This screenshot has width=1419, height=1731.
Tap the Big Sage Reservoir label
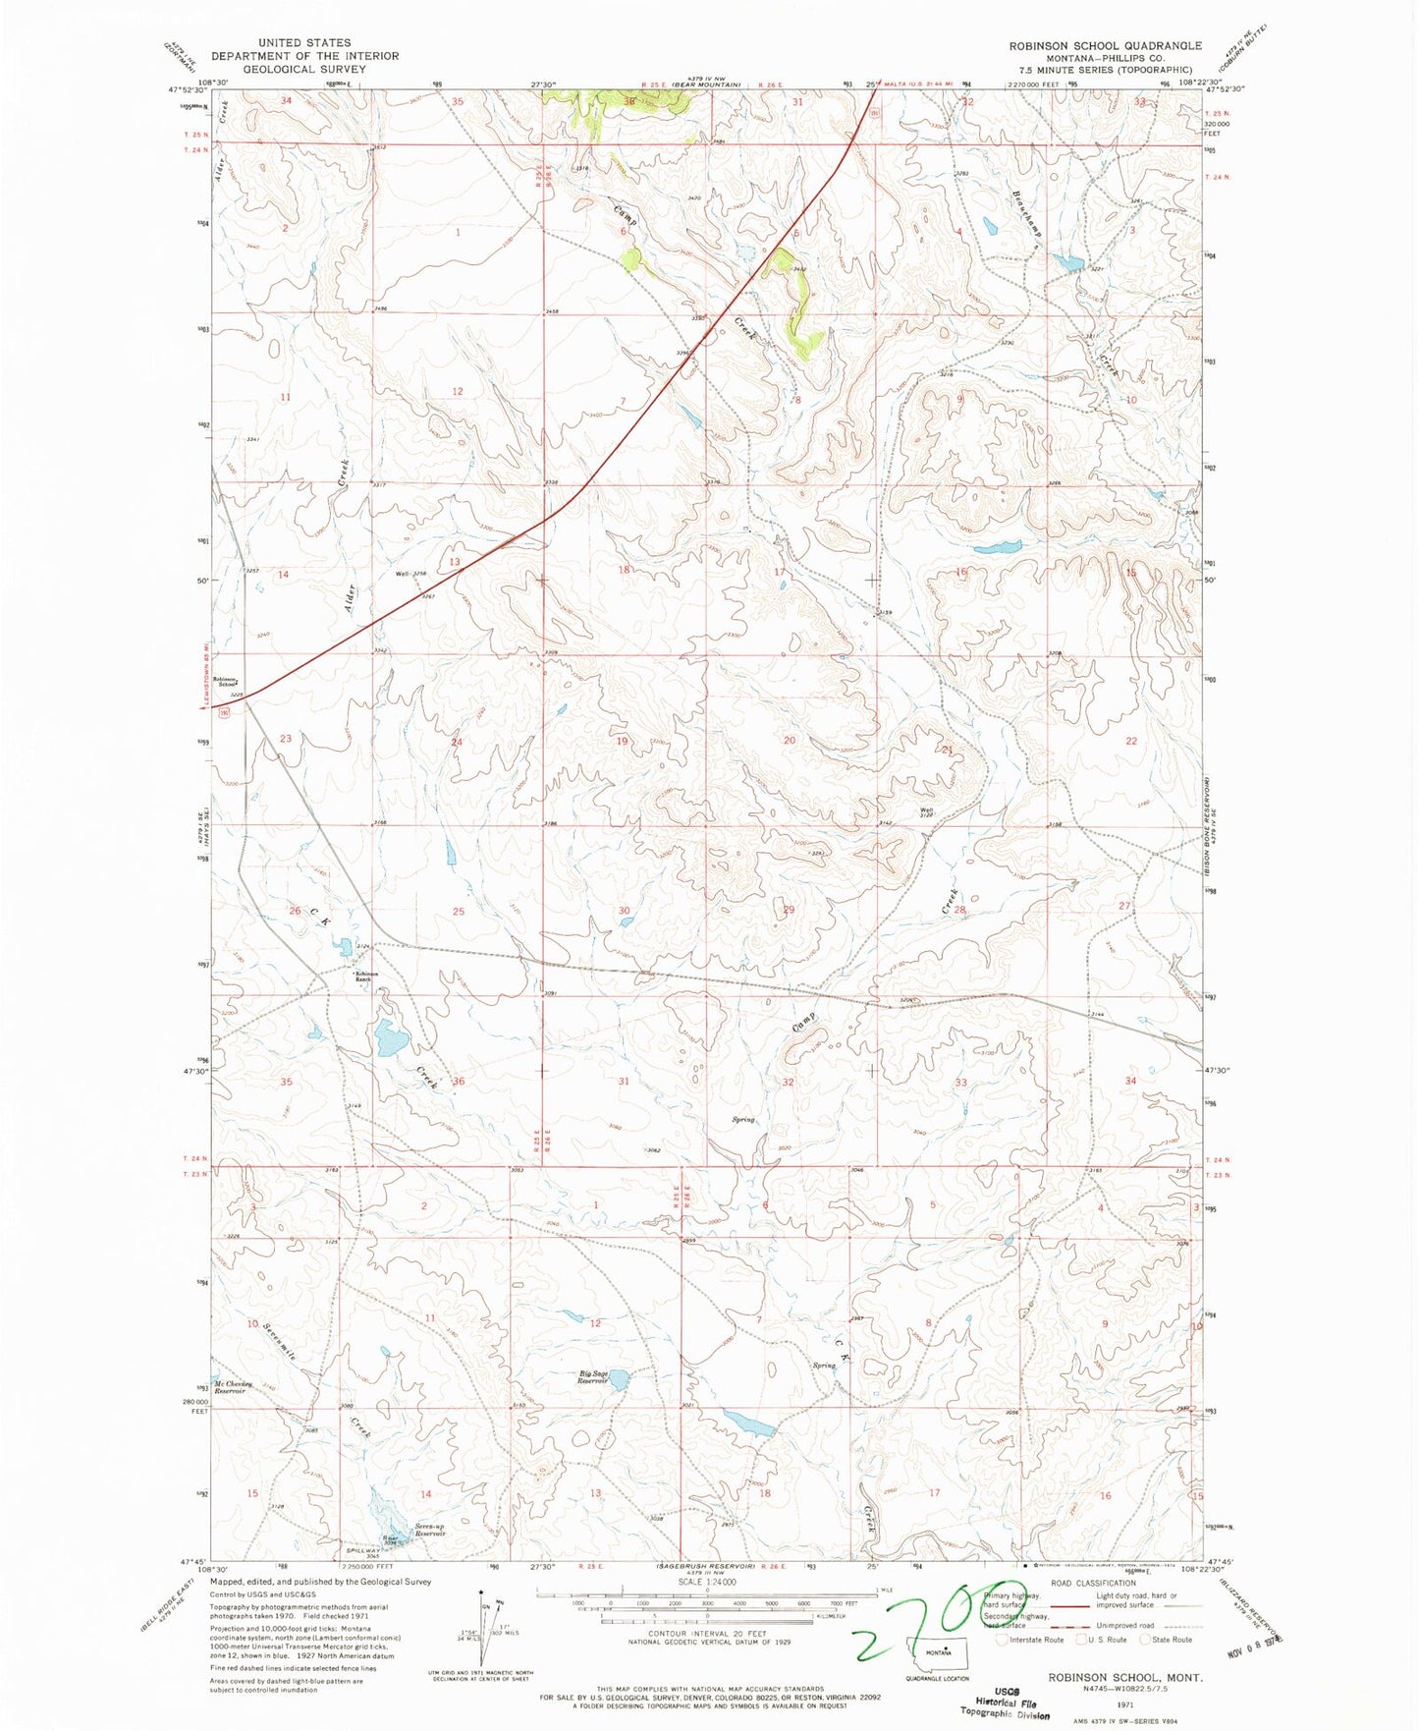(596, 1377)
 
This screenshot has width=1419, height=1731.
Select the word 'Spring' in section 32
(742, 1119)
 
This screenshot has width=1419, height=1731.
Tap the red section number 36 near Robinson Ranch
(458, 1082)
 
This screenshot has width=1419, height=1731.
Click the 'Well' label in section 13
(403, 574)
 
